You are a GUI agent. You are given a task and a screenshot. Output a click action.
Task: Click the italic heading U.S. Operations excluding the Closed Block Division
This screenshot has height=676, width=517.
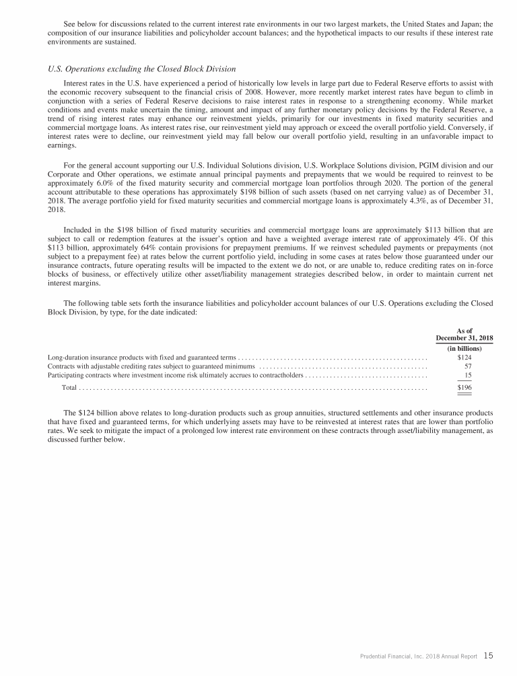pos(141,68)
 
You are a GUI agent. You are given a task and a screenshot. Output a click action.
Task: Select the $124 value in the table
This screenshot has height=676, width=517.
pos(463,357)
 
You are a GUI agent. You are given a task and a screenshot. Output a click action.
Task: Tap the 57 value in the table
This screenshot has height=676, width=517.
pos(467,366)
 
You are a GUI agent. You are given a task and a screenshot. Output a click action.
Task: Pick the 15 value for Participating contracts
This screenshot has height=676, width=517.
pos(467,376)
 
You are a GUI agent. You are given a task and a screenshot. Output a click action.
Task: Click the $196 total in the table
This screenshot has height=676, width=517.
pos(463,388)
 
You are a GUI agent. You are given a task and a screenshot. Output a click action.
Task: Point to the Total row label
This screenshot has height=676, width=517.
pos(69,388)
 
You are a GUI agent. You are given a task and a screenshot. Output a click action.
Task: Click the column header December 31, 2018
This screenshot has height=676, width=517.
pos(464,338)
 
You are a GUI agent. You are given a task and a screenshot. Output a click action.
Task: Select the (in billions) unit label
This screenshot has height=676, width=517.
pos(464,348)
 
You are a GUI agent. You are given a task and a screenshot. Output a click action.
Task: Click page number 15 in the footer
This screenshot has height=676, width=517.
pos(489,655)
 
